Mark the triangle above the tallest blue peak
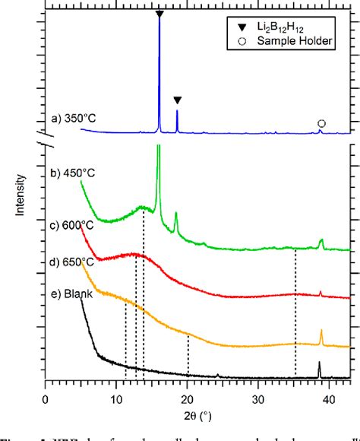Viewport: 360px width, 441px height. point(159,14)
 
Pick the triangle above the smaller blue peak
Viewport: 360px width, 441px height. point(177,100)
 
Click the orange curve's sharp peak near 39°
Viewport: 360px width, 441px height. point(321,332)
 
